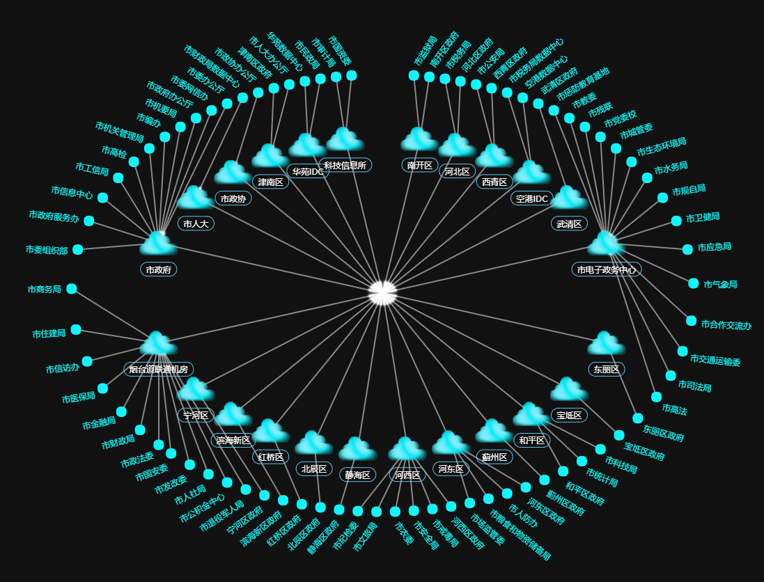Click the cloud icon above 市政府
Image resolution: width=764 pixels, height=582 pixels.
pyautogui.click(x=159, y=244)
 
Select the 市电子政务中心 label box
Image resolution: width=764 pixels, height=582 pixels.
pyautogui.click(x=606, y=269)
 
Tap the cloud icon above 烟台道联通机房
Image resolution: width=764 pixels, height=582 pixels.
pyautogui.click(x=158, y=344)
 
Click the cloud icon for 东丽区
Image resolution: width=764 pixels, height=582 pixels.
pyautogui.click(x=606, y=343)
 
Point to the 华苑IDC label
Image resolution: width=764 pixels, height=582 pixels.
pyautogui.click(x=308, y=171)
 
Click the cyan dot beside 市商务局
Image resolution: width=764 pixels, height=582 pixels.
pyautogui.click(x=72, y=289)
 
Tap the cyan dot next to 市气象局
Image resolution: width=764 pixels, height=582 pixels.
pyautogui.click(x=694, y=283)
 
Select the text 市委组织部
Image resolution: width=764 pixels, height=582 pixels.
pyautogui.click(x=47, y=250)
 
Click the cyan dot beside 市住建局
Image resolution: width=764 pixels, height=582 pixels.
pyautogui.click(x=76, y=329)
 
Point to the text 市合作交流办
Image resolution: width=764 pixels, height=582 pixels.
pyautogui.click(x=726, y=324)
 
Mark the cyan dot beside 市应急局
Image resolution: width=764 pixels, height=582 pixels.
pyautogui.click(x=687, y=249)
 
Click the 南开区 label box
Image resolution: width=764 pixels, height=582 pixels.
pyautogui.click(x=419, y=165)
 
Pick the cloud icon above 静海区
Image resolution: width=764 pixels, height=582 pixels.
pyautogui.click(x=358, y=449)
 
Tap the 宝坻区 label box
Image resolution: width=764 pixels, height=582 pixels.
pyautogui.click(x=569, y=415)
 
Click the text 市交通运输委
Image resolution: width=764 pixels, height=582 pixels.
pyautogui.click(x=715, y=360)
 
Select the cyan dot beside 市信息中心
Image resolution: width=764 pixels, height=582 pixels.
pyautogui.click(x=103, y=198)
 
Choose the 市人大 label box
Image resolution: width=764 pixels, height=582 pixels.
pyautogui.click(x=196, y=223)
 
